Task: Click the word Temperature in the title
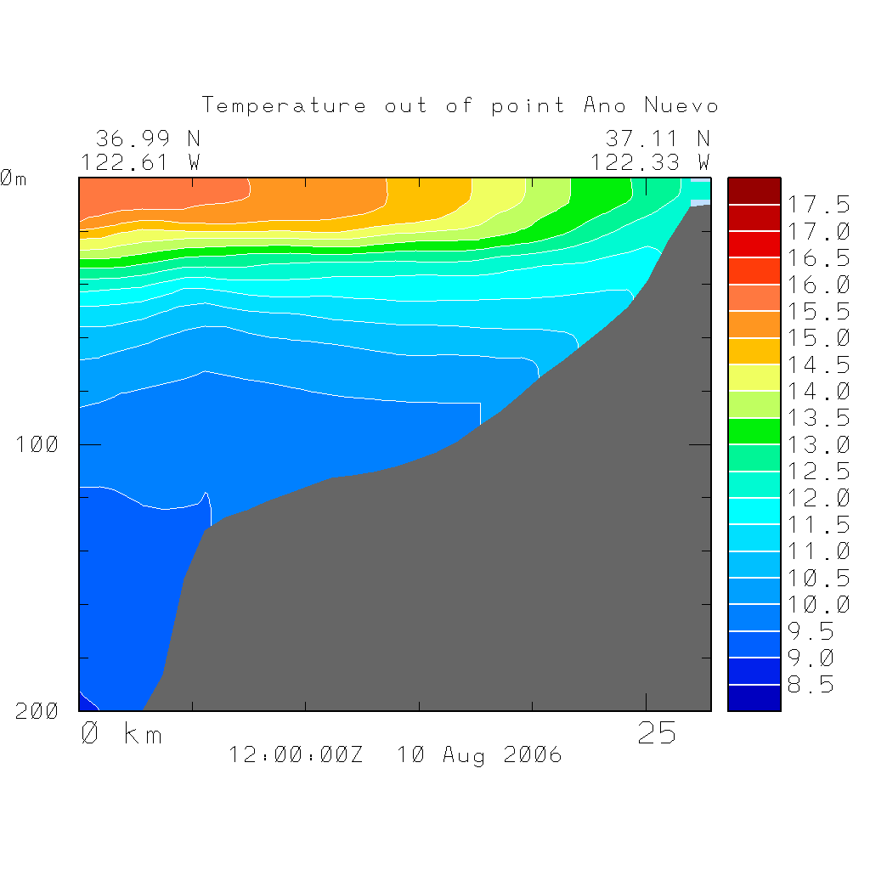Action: (285, 106)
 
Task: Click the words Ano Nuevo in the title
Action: (651, 106)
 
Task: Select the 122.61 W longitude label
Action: (141, 161)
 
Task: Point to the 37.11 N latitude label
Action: (658, 138)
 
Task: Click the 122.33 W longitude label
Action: (651, 161)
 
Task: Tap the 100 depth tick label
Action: (37, 444)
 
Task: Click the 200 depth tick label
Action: (37, 712)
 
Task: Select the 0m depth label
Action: (13, 178)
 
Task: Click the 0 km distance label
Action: (121, 733)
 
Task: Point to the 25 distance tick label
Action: (657, 733)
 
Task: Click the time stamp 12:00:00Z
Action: (296, 755)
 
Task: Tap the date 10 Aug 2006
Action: (479, 755)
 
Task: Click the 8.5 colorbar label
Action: (810, 685)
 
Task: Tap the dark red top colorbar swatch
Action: (754, 191)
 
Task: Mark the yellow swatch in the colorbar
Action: (754, 377)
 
